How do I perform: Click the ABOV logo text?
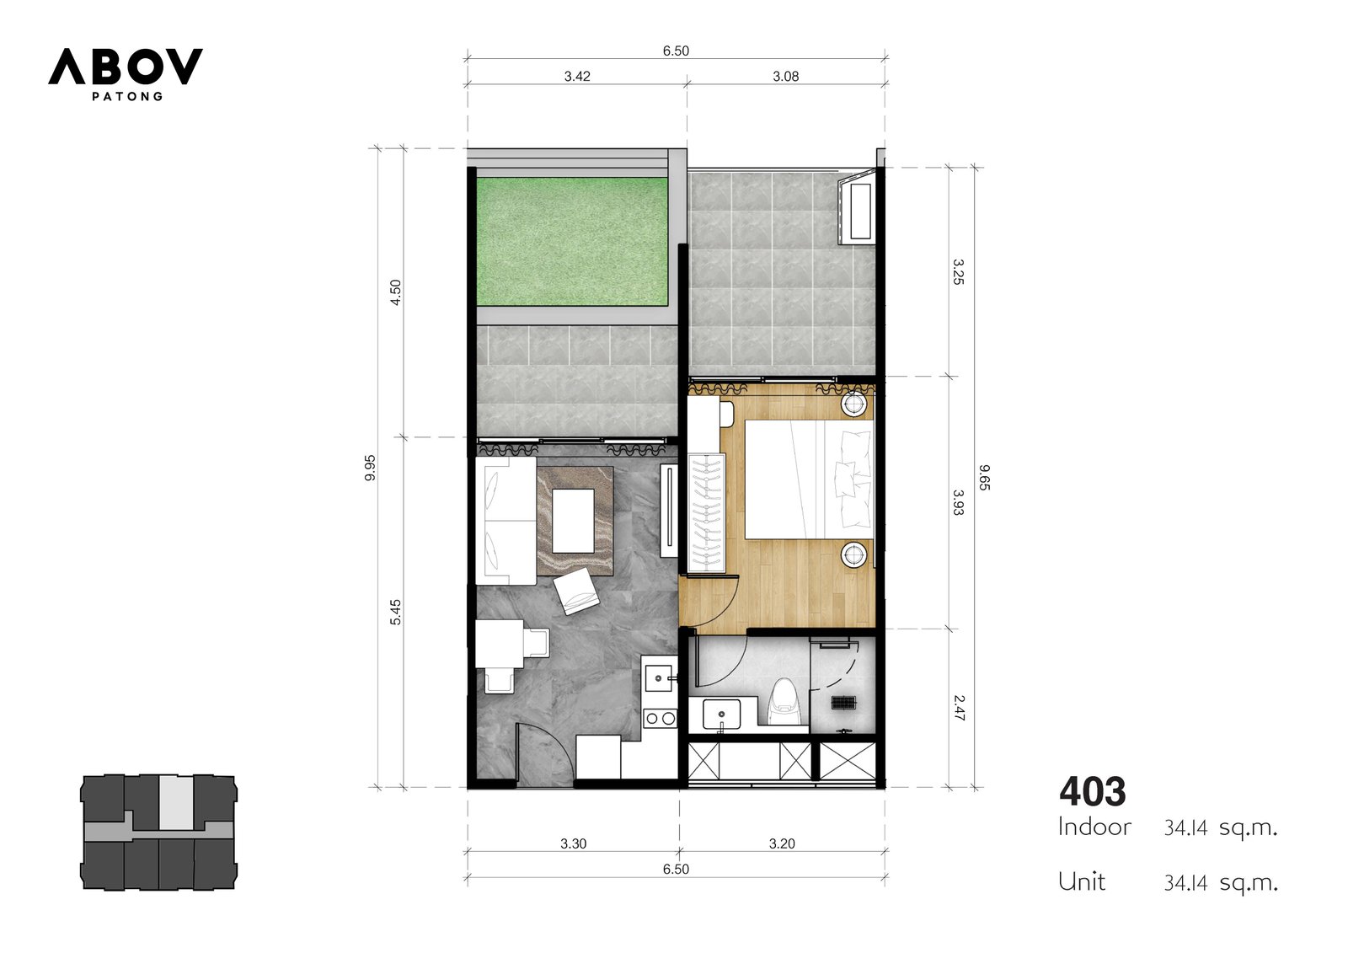point(126,67)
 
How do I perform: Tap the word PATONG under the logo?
point(127,96)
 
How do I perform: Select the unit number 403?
point(1092,792)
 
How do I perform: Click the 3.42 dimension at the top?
point(577,77)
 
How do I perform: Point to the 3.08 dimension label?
point(786,77)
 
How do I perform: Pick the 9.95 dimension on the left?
point(370,468)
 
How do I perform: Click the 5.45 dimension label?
point(395,613)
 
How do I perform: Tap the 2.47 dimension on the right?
point(960,708)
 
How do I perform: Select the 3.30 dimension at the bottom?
point(573,844)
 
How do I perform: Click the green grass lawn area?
point(572,242)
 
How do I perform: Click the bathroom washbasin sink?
point(721,714)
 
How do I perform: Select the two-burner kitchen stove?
point(661,718)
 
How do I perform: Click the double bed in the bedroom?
point(809,479)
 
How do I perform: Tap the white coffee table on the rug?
point(573,521)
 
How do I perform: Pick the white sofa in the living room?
point(505,521)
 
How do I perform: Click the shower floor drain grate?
point(843,703)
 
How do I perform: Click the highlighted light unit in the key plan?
point(176,802)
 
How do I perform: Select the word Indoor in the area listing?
point(1094,827)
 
